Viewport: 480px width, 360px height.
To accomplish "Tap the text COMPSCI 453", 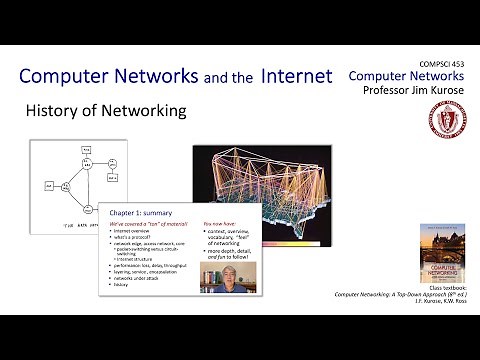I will pyautogui.click(x=444, y=63).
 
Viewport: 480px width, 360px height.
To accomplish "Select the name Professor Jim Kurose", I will pyautogui.click(x=409, y=91).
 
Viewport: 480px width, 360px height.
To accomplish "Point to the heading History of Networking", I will pyautogui.click(x=105, y=111).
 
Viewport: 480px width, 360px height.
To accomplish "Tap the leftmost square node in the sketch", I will pyautogui.click(x=48, y=186).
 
